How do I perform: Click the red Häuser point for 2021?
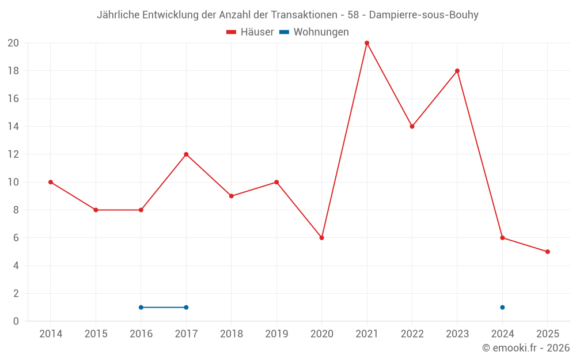coord(367,43)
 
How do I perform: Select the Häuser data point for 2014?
coord(51,182)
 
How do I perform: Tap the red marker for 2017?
coord(186,154)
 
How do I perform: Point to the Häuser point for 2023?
coord(457,71)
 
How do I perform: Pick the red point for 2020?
coord(322,238)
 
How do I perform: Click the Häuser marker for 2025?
coord(548,252)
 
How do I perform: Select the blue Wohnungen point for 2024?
coord(502,308)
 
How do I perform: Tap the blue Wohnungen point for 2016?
coord(141,308)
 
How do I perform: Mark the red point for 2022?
coord(412,127)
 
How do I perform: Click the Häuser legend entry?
coord(250,32)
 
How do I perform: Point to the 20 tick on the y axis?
coord(13,43)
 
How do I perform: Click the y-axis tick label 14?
coord(13,127)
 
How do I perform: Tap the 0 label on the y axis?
coord(16,321)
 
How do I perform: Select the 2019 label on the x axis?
coord(276,334)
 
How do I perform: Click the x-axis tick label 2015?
coord(96,334)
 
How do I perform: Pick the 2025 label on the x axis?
coord(548,334)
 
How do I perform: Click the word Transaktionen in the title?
coord(300,15)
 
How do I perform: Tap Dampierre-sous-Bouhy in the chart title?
coord(423,15)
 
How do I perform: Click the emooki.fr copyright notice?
coord(526,348)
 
